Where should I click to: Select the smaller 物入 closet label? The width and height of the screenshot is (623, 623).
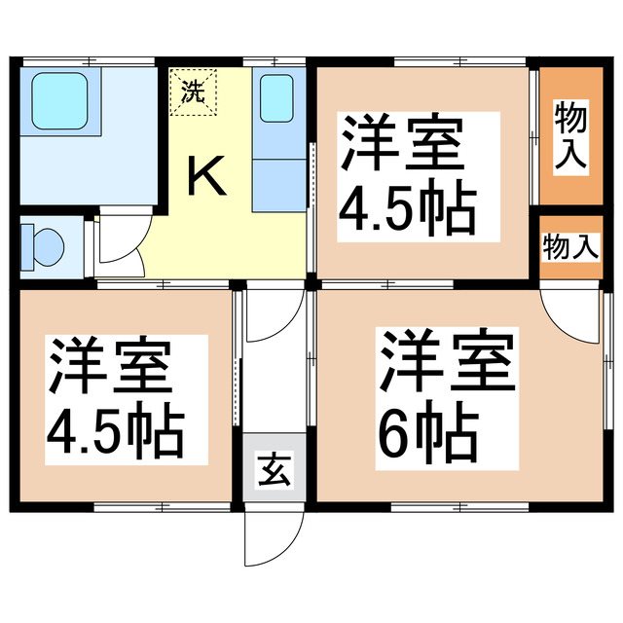(568, 247)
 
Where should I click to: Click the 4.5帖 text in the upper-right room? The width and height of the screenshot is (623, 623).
(406, 207)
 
